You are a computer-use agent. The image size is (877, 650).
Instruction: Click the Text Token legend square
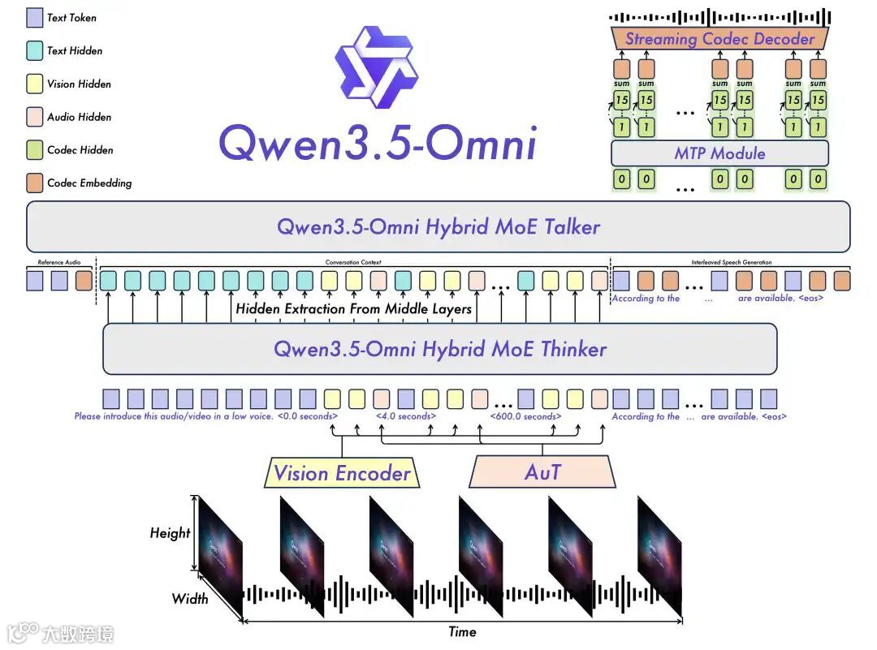(x=35, y=17)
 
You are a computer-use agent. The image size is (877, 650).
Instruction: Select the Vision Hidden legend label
(x=79, y=84)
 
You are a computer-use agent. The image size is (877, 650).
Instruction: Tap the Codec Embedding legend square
(x=35, y=183)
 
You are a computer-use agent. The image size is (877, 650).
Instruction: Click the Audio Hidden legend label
(x=79, y=117)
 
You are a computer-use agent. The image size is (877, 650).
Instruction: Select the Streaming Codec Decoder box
(x=719, y=39)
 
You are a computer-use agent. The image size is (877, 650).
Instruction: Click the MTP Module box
(x=719, y=153)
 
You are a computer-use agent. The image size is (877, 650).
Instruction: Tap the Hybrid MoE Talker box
(x=438, y=226)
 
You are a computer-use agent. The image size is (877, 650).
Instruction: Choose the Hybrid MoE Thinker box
(x=439, y=349)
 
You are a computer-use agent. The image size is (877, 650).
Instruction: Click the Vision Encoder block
(x=342, y=473)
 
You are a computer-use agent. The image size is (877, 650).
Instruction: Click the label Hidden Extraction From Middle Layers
(x=353, y=308)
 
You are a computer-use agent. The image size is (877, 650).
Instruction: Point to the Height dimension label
(x=170, y=533)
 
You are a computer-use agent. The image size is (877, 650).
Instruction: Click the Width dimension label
(x=189, y=599)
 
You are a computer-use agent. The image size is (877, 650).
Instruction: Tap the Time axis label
(x=462, y=631)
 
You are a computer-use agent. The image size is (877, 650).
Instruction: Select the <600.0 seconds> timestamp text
(x=525, y=416)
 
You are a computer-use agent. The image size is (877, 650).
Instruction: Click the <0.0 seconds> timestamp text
(x=308, y=416)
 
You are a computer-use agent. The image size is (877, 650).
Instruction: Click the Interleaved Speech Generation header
(x=731, y=263)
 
